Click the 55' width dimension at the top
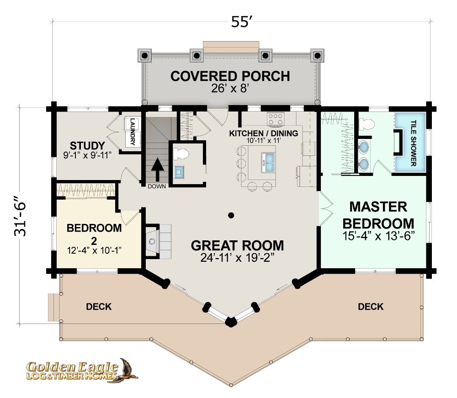241,22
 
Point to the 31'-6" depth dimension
20,215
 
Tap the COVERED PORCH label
230,76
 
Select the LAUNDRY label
133,132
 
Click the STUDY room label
87,145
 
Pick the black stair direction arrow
157,170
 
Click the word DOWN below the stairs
157,186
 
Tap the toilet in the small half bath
181,154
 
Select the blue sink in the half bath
178,172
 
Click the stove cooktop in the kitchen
276,119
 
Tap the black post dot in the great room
231,215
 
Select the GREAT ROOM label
237,245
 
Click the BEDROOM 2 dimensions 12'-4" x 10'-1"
94,250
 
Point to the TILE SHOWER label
413,143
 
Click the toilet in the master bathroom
366,124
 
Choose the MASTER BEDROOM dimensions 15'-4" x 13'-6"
378,235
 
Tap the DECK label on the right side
371,307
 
